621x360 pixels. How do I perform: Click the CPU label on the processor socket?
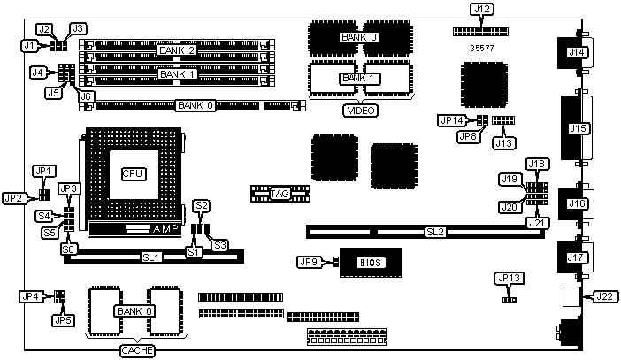133,173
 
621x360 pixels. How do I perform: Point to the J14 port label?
577,52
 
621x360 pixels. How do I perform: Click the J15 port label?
577,128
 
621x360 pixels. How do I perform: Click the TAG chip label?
280,193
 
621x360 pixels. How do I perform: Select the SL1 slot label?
150,257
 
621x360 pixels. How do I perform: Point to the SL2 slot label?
434,233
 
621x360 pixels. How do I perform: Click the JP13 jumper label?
510,278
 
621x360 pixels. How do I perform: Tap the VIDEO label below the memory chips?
360,111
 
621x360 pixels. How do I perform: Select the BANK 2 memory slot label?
177,50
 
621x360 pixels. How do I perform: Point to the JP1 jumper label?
44,171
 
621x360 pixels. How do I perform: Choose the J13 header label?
503,142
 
